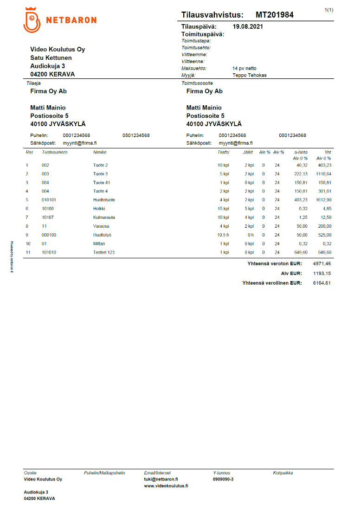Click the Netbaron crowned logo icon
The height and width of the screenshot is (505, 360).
(x=32, y=20)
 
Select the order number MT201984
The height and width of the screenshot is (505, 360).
(x=274, y=15)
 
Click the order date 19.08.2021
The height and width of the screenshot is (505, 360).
(x=248, y=27)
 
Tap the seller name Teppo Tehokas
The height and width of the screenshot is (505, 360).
(x=249, y=75)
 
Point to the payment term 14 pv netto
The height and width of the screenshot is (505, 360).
(x=244, y=68)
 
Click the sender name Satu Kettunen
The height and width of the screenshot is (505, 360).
(x=51, y=58)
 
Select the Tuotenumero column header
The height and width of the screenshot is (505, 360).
(x=54, y=152)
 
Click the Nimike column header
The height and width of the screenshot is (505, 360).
(x=100, y=152)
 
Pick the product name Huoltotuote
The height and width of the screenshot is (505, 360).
(x=104, y=200)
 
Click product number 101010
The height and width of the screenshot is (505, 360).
(x=49, y=252)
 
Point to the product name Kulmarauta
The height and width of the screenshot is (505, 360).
(x=104, y=217)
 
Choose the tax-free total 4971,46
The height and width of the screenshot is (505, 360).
(x=322, y=264)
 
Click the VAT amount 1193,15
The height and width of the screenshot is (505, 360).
(x=322, y=273)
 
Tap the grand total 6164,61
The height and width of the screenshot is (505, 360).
(x=322, y=282)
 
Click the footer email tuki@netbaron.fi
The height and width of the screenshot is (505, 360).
(x=161, y=479)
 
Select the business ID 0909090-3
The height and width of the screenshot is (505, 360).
(x=223, y=479)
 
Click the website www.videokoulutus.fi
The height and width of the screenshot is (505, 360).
(x=166, y=486)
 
